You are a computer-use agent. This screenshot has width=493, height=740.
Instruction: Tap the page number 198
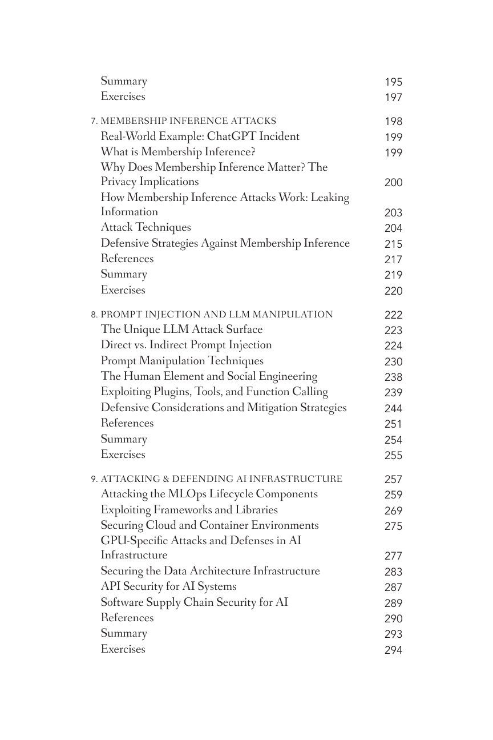(x=393, y=122)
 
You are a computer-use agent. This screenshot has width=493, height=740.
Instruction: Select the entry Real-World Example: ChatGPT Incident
(x=200, y=136)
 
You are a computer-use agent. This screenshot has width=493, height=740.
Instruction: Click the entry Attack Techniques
(x=146, y=227)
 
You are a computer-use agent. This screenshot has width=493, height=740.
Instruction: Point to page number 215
(x=393, y=244)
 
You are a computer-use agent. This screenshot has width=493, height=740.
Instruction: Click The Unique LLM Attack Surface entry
(x=181, y=329)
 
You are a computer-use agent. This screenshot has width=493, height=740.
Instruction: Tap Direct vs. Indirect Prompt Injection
(x=186, y=345)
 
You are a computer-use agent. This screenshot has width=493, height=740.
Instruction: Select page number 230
(x=393, y=361)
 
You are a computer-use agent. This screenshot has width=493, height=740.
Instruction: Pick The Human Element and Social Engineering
(x=209, y=376)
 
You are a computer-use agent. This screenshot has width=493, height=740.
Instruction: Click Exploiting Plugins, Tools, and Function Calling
(x=214, y=392)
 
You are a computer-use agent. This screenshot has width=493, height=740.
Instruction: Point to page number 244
(x=393, y=408)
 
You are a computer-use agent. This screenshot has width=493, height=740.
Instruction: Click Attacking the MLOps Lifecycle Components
(x=209, y=494)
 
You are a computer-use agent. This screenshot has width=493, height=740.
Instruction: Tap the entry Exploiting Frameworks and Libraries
(x=189, y=510)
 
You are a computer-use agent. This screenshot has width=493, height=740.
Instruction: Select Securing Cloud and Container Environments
(x=209, y=525)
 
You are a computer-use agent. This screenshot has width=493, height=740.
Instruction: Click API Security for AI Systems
(x=168, y=586)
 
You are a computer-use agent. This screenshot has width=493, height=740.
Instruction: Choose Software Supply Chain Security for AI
(x=194, y=602)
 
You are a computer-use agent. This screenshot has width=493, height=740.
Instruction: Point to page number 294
(x=393, y=650)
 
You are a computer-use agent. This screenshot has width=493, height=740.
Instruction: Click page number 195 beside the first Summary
(x=393, y=82)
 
